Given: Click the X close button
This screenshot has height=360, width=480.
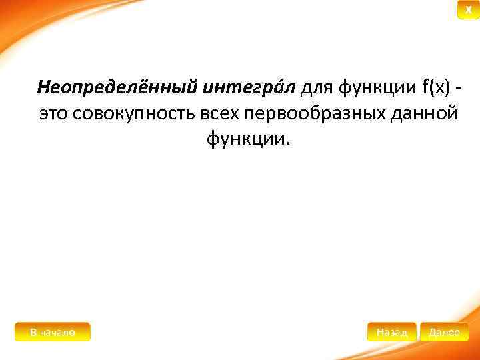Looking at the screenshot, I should (x=468, y=11).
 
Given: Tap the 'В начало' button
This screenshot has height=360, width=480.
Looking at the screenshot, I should (x=53, y=332).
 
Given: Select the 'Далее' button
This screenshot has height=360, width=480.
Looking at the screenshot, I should (x=444, y=332).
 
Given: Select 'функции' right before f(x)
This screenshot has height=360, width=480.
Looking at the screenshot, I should (x=377, y=87).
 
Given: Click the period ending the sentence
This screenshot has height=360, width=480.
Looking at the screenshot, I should (x=288, y=144).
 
